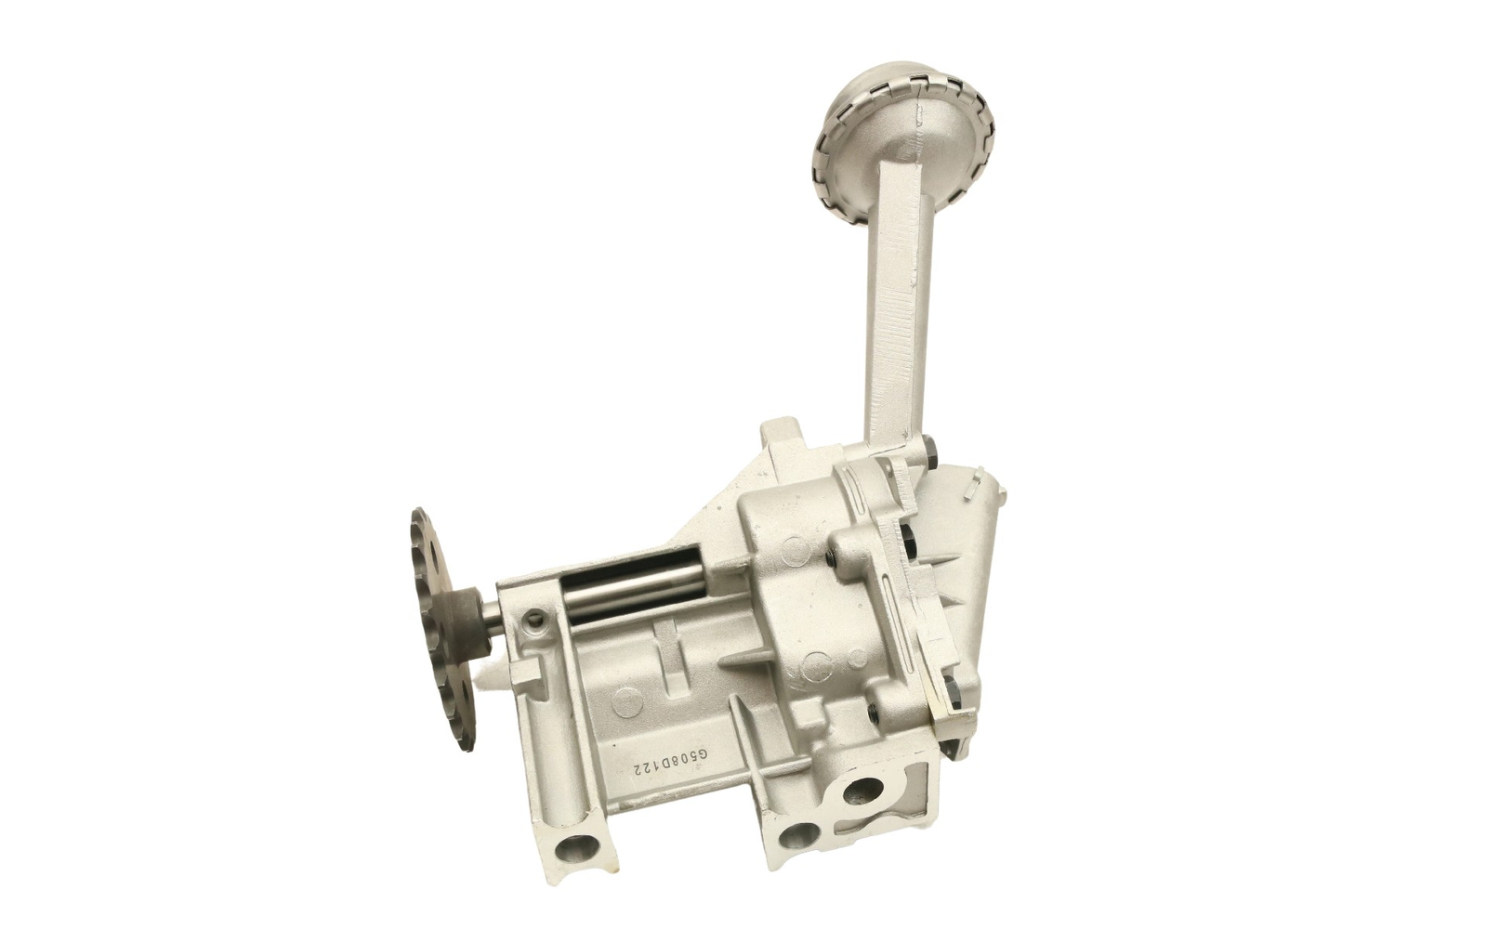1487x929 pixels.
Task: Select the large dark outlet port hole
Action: pos(863,791)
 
